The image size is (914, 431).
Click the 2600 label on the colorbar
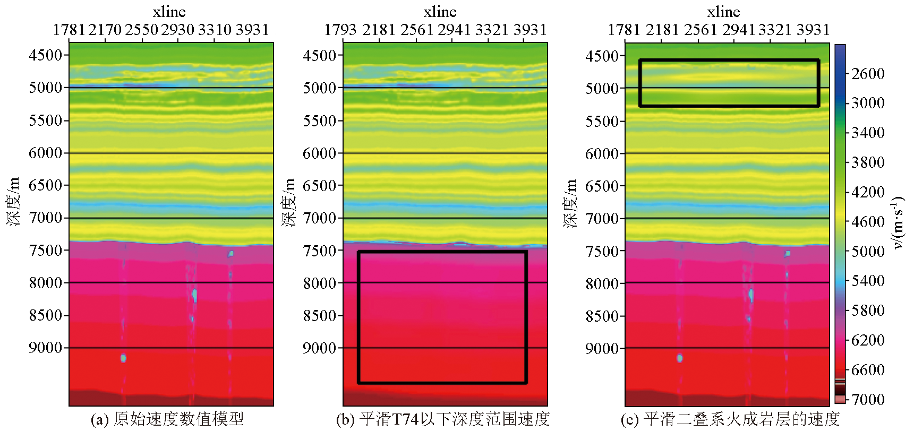(x=868, y=74)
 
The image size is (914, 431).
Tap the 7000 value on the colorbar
(x=868, y=399)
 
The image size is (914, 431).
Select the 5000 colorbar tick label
(x=868, y=251)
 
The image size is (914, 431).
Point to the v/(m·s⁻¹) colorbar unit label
(x=898, y=223)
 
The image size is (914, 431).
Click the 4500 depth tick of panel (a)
(x=46, y=55)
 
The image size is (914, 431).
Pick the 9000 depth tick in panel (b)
(x=320, y=348)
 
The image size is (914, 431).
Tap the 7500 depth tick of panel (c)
(x=602, y=251)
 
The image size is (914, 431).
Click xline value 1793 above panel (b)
(x=340, y=30)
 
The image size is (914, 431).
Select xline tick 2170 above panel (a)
(x=105, y=30)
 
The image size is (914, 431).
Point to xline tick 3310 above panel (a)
(x=215, y=30)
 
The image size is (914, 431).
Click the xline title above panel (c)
(x=723, y=12)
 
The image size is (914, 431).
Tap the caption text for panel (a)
(x=167, y=419)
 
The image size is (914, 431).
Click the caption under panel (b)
(x=442, y=419)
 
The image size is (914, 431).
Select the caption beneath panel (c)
(x=730, y=419)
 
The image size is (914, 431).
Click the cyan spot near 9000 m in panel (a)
(x=123, y=358)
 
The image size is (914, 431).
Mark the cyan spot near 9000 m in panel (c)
(x=679, y=358)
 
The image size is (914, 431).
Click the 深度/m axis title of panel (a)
(x=13, y=202)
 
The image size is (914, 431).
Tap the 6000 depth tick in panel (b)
(x=320, y=153)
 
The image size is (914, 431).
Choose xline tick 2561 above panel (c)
(x=701, y=30)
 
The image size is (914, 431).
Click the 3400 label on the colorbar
(x=868, y=133)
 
